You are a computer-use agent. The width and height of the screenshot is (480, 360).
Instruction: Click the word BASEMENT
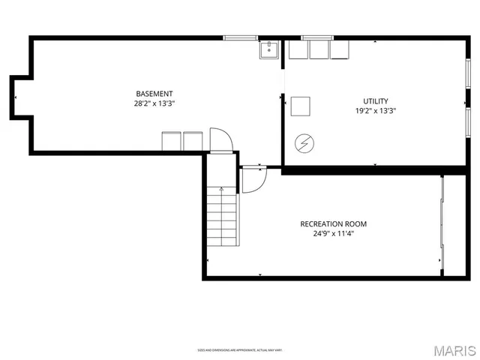(154, 94)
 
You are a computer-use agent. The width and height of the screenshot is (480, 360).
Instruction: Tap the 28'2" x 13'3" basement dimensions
(154, 104)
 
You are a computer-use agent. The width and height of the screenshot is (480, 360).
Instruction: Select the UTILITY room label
(376, 100)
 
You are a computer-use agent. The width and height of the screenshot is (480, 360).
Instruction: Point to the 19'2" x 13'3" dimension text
(376, 111)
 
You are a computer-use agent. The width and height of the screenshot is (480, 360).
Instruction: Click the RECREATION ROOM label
(334, 223)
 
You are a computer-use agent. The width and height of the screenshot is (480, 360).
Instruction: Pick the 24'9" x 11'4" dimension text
(334, 233)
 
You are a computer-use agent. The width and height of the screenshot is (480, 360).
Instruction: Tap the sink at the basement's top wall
(269, 49)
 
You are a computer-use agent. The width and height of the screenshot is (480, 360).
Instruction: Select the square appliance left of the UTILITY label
(301, 106)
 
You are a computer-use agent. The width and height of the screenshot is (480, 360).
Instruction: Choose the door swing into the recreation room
(253, 180)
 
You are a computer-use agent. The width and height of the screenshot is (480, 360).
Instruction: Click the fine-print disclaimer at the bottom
(240, 350)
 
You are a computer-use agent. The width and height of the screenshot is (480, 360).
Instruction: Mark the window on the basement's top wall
(240, 37)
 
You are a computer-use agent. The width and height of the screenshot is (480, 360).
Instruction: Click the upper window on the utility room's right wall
(469, 75)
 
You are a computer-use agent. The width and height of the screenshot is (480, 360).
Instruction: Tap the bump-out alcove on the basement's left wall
(19, 95)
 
